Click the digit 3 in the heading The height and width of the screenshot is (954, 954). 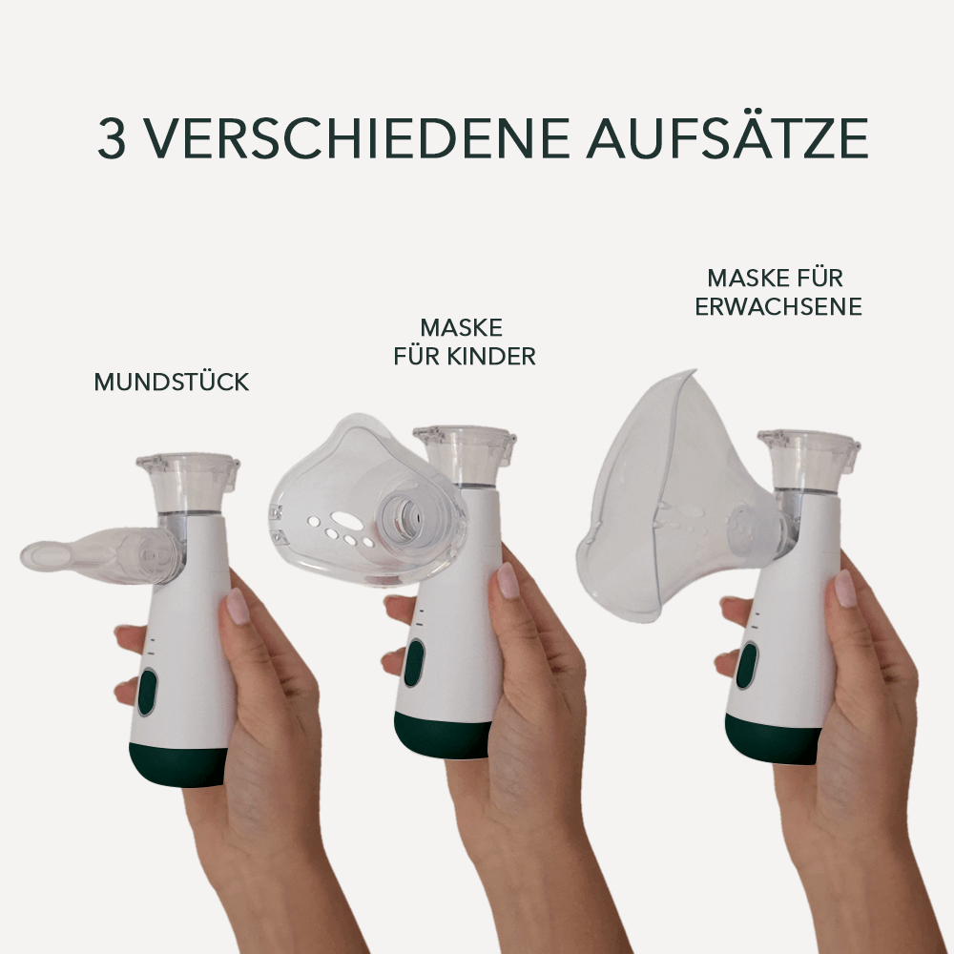coord(111,138)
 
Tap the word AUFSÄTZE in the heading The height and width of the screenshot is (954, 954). coord(727,138)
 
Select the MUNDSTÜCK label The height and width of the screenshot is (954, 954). coord(172,383)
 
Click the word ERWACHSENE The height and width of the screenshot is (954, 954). coord(778,306)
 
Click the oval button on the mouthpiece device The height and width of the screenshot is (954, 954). coord(147,692)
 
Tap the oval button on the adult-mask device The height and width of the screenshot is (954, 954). coord(746,665)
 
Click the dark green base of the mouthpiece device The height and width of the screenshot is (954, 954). coord(179,766)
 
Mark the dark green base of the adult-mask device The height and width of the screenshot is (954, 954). coord(773,739)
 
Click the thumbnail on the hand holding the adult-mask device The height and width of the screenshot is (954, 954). coord(845,588)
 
